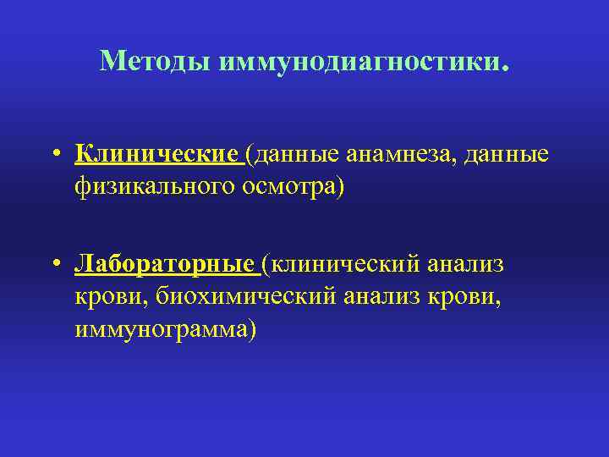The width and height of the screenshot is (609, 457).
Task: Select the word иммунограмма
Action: (170, 328)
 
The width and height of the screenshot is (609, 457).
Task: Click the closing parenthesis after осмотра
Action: (341, 186)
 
